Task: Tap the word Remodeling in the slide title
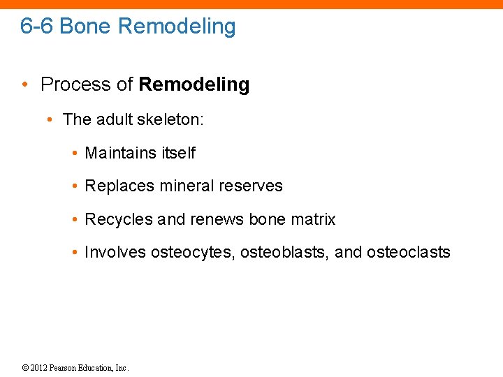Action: (177, 27)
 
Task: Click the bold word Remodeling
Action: (194, 85)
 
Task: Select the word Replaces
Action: (119, 186)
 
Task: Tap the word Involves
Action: (115, 253)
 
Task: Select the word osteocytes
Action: (192, 253)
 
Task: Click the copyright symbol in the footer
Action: (26, 368)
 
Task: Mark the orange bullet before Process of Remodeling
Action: (24, 85)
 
